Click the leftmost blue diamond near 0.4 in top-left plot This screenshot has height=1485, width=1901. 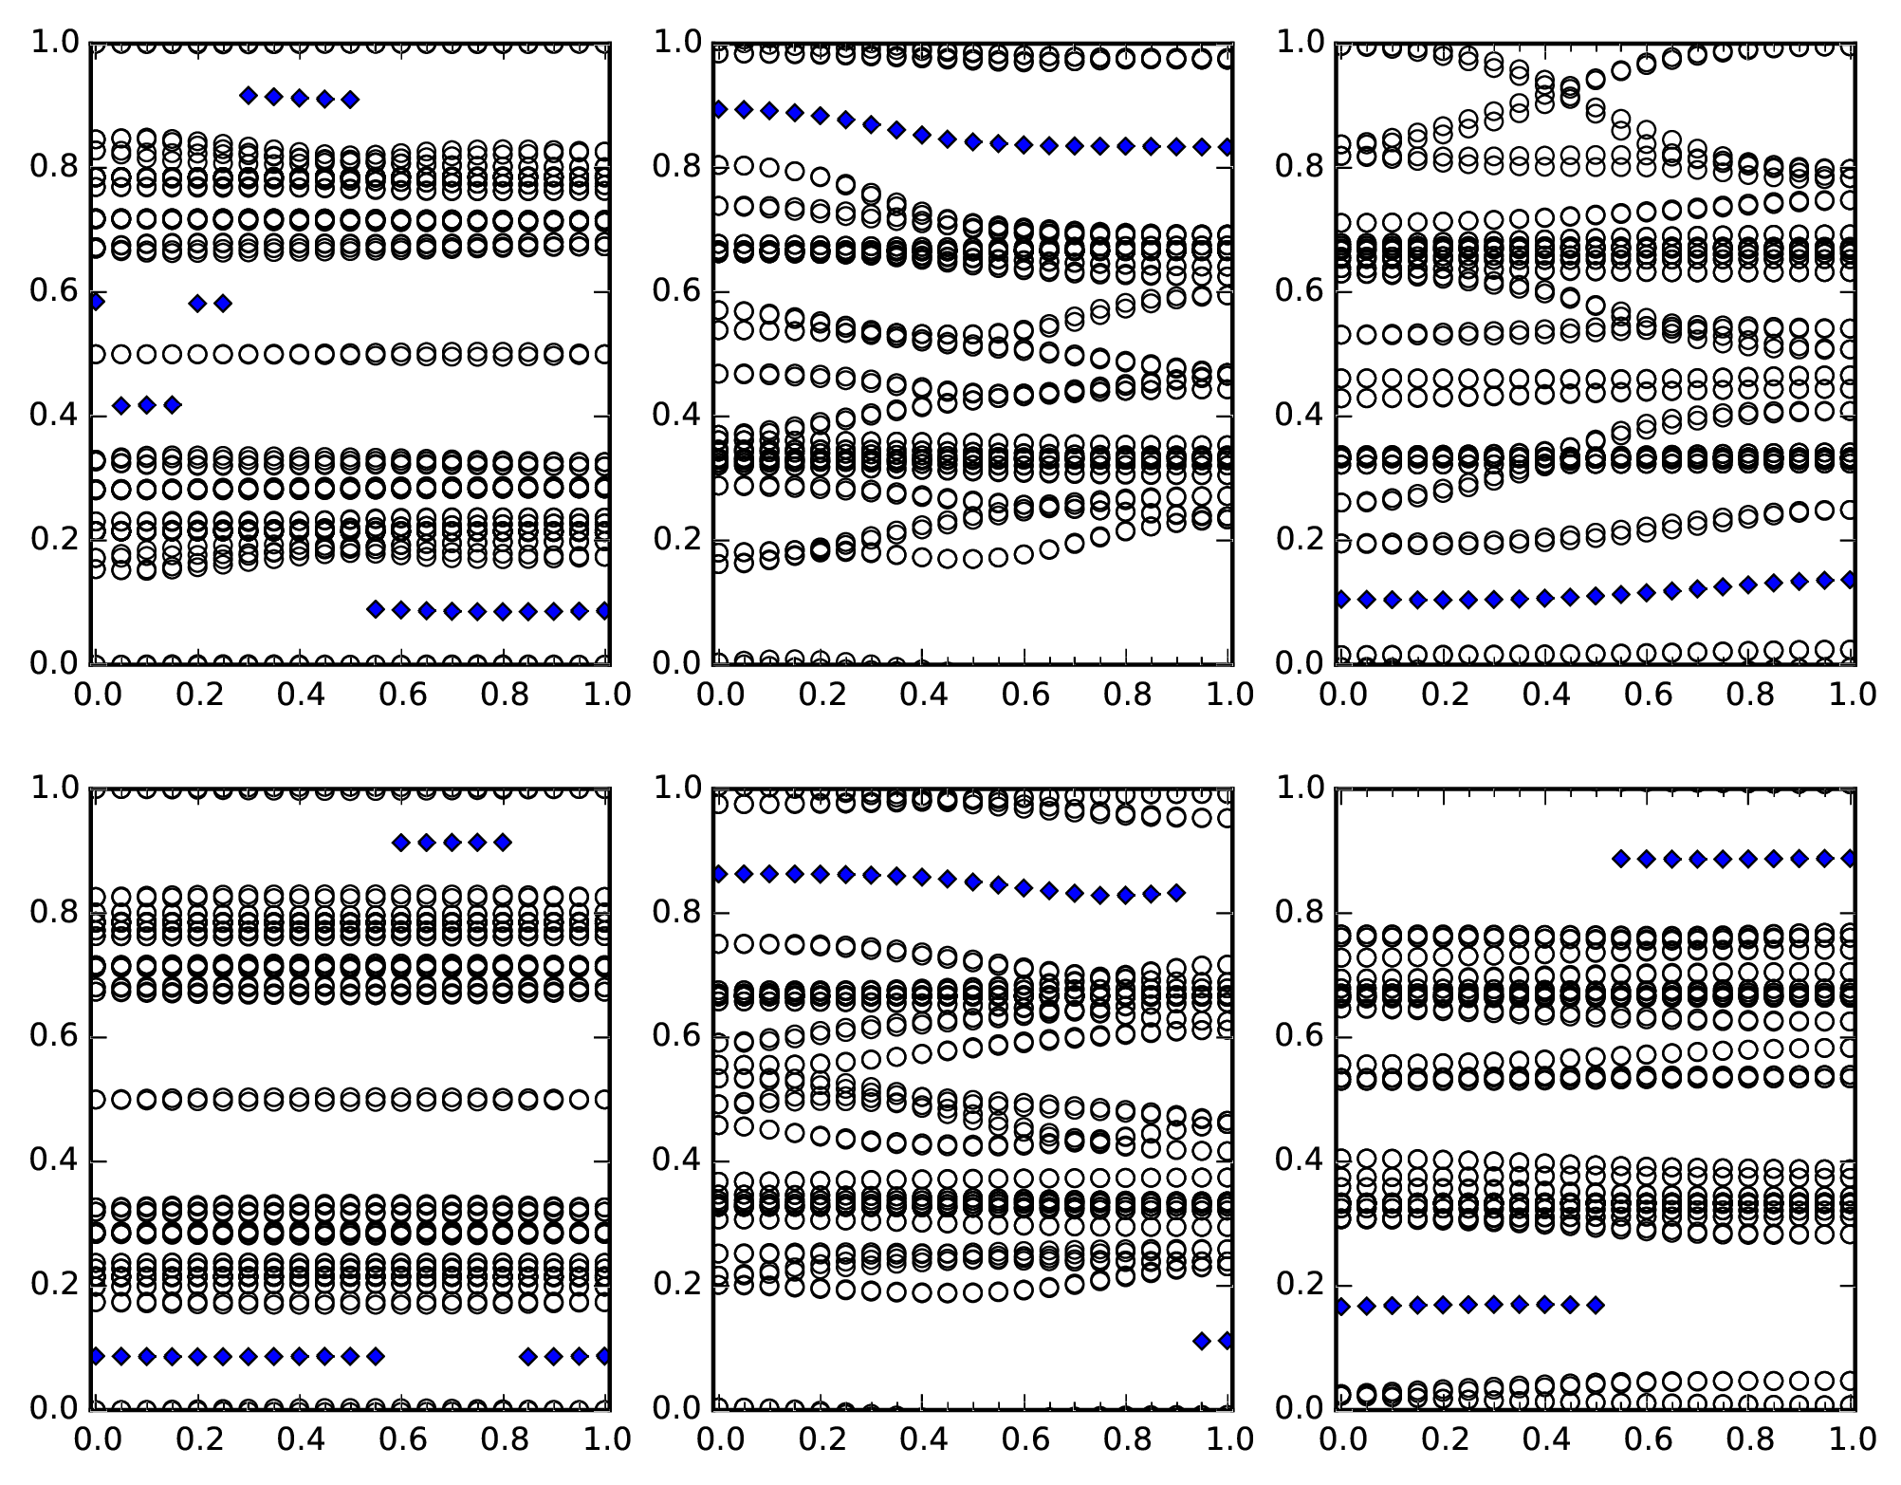(120, 406)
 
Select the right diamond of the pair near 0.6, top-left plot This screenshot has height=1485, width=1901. (223, 304)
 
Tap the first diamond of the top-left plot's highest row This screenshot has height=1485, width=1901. (249, 95)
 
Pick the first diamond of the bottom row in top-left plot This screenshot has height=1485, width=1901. (376, 609)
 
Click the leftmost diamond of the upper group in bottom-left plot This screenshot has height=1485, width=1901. (401, 843)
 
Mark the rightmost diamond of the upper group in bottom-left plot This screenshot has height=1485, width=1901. (503, 842)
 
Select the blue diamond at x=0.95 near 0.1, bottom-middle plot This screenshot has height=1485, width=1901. (1202, 1341)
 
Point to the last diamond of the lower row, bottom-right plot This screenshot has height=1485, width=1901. (1596, 1305)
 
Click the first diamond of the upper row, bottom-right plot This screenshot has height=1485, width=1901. (1621, 859)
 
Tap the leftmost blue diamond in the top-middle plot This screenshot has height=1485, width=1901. (719, 109)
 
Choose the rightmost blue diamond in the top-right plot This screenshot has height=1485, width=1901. (1851, 579)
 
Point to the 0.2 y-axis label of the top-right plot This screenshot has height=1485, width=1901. (1300, 539)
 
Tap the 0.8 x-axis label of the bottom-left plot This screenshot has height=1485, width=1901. (503, 1439)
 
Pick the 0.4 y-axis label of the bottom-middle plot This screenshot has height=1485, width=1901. (676, 1160)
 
